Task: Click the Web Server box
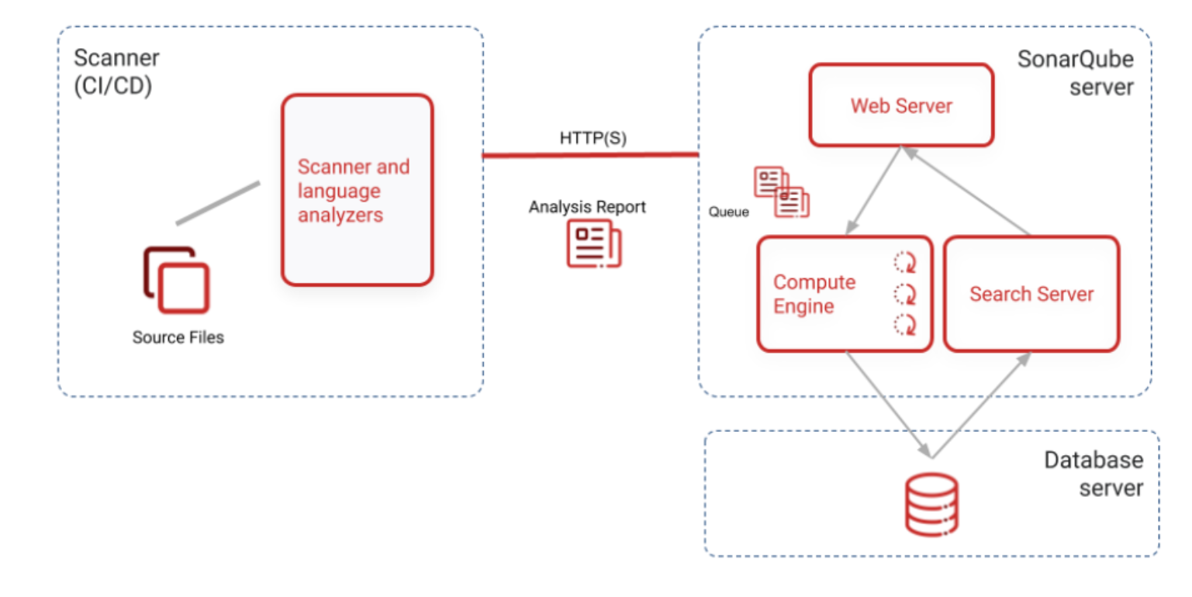[901, 105]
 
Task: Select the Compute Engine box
[845, 294]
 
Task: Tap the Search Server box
[1031, 294]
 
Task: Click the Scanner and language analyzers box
[357, 190]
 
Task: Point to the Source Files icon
[176, 280]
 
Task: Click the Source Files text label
[178, 337]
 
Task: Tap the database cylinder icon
[931, 505]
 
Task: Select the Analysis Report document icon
[594, 244]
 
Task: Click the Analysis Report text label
[587, 206]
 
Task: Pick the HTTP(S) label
[593, 138]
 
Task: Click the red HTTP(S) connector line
[591, 155]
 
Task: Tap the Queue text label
[728, 212]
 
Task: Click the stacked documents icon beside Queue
[781, 192]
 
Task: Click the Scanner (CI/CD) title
[116, 72]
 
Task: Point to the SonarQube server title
[1076, 73]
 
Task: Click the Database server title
[1094, 474]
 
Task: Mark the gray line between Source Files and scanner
[218, 203]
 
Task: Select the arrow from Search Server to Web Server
[966, 191]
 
